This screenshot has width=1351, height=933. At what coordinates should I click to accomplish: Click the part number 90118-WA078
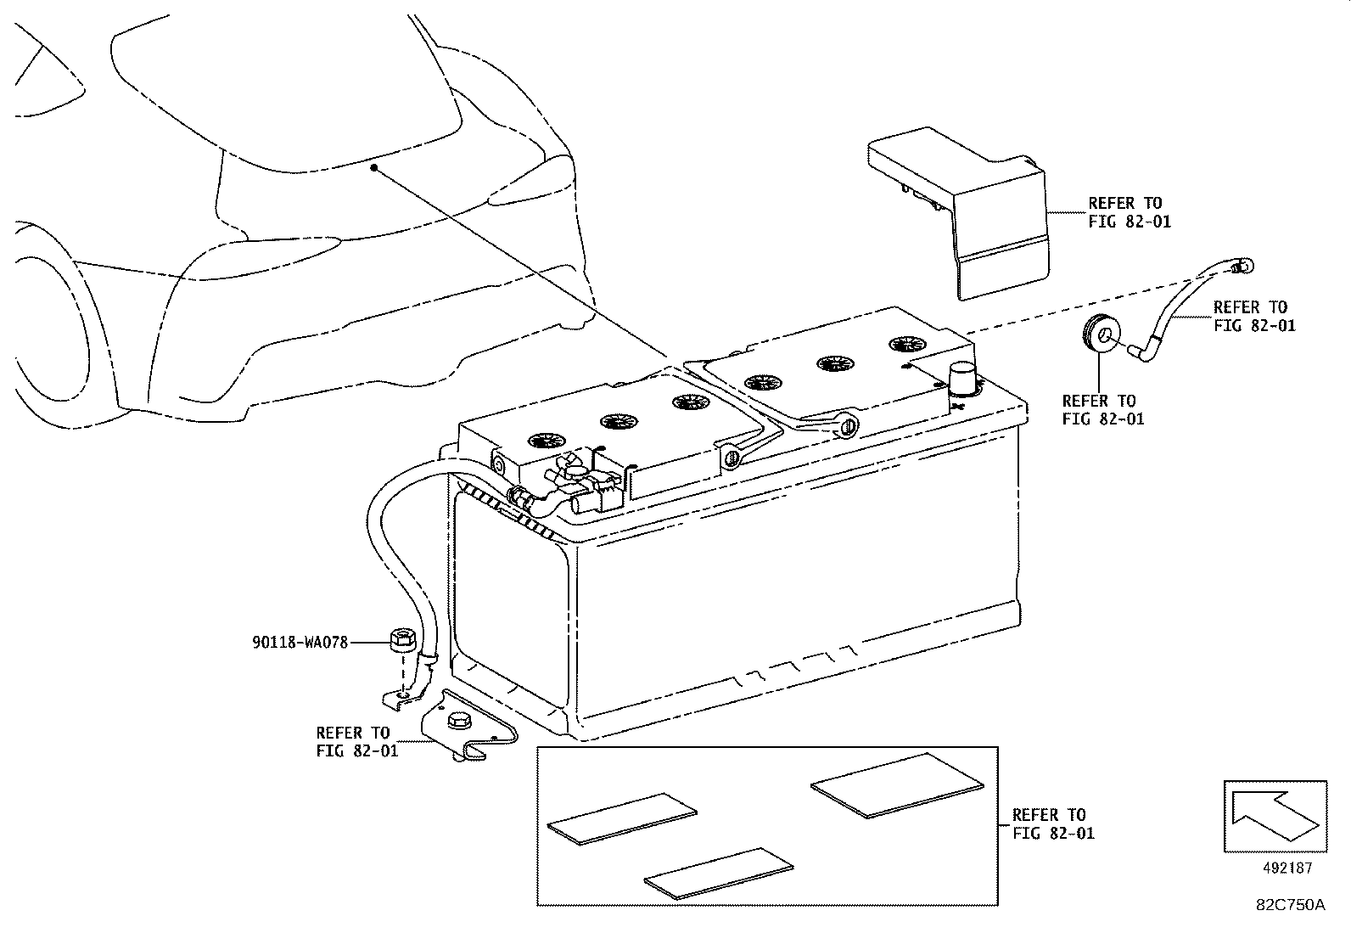tap(300, 644)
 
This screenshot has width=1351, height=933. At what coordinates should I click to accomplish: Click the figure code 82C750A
tap(1290, 905)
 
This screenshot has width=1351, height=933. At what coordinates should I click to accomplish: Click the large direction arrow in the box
tap(1272, 816)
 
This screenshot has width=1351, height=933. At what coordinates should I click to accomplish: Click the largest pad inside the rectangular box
tap(897, 785)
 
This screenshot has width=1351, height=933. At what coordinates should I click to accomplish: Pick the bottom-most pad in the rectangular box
tap(718, 872)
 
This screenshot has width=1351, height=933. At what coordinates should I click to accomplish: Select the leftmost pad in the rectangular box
tap(621, 818)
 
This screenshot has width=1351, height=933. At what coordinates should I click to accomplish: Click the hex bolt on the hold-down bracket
tap(455, 723)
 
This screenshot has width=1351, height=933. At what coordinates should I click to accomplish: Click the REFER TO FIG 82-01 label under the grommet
tap(1102, 409)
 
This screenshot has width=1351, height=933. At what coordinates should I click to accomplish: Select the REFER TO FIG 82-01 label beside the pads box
tap(1053, 823)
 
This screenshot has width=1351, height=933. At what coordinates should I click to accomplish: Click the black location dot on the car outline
tap(373, 168)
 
